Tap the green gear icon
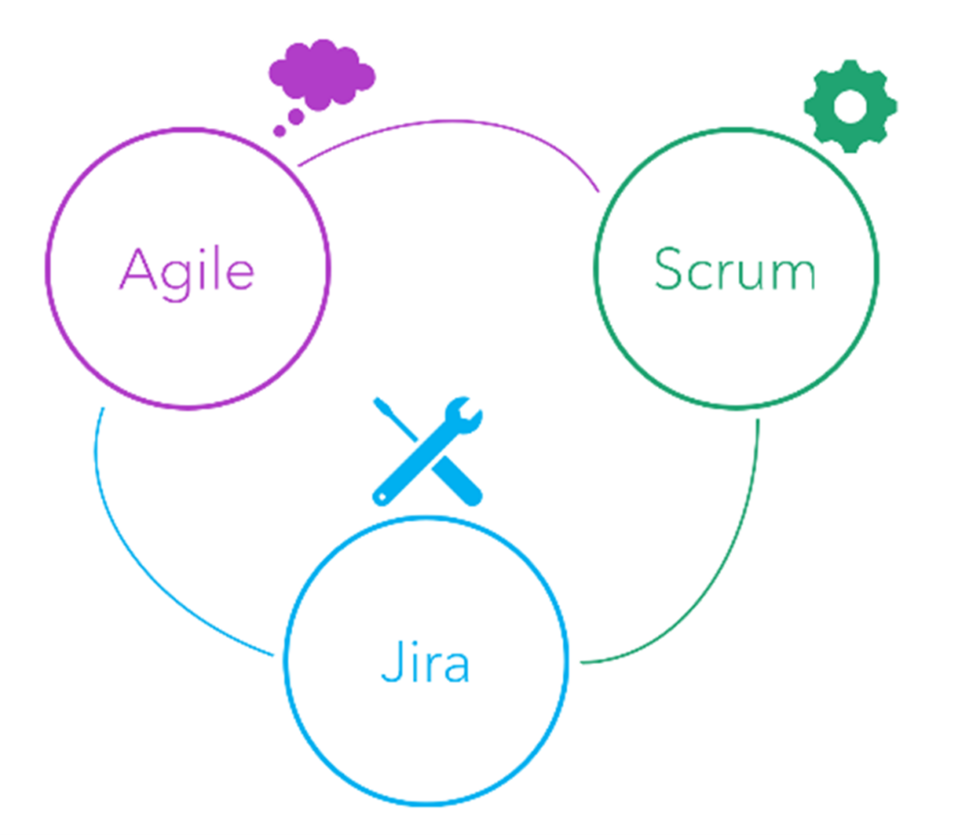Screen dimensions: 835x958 pos(850,106)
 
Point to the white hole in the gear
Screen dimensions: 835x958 pos(850,106)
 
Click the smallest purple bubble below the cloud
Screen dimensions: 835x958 pos(279,131)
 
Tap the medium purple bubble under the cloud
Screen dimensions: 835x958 pos(296,117)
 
